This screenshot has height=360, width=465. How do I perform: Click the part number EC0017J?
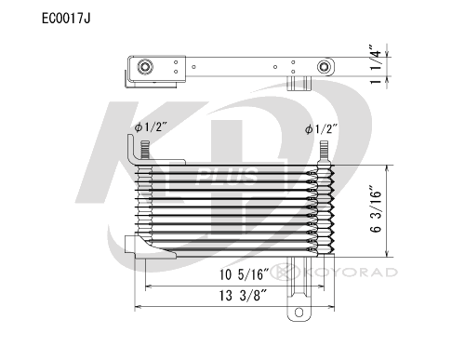[66, 19]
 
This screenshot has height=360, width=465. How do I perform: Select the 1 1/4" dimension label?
[376, 64]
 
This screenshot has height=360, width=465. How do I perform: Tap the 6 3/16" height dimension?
[376, 209]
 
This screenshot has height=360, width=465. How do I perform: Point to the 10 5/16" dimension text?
[244, 274]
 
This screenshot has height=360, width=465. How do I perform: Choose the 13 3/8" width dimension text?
[243, 296]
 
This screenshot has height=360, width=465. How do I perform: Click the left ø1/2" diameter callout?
[151, 127]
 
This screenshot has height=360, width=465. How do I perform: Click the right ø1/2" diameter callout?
[321, 128]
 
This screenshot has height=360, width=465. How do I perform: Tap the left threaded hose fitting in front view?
[145, 150]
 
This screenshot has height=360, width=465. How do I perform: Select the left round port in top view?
[145, 67]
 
